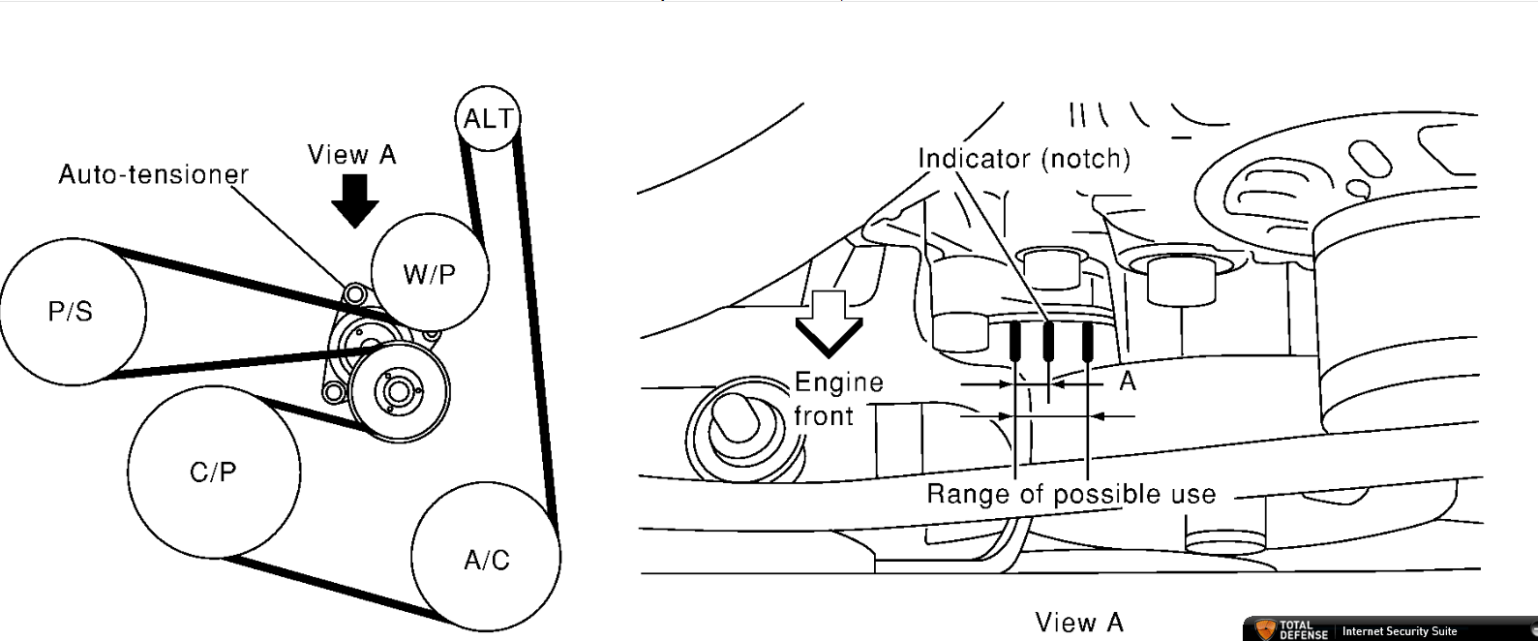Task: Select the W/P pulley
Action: click(x=430, y=273)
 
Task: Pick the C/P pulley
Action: click(x=213, y=472)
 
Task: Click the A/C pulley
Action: click(x=486, y=559)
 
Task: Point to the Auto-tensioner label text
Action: click(x=153, y=174)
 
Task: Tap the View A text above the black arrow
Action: click(x=351, y=154)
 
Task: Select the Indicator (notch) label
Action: click(x=1023, y=158)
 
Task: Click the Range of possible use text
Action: click(x=1071, y=494)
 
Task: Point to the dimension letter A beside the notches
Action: click(x=1128, y=382)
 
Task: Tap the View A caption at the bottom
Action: click(x=1078, y=622)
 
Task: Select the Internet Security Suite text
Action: click(x=1399, y=631)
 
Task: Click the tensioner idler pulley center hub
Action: click(x=397, y=391)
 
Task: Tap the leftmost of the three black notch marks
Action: click(x=1014, y=341)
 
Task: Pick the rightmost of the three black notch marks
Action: click(x=1088, y=340)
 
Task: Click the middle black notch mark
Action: click(x=1048, y=341)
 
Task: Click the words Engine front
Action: click(x=837, y=399)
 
